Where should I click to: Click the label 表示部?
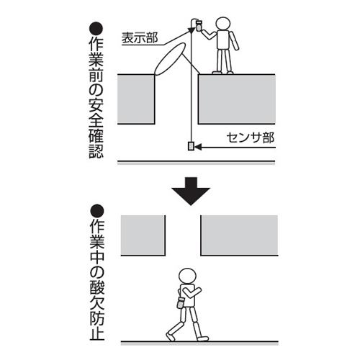[140, 38]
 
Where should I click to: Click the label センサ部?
[251, 138]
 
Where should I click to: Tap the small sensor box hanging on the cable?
[191, 146]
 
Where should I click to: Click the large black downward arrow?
[191, 191]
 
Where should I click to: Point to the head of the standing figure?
[223, 24]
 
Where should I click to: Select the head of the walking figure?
[188, 276]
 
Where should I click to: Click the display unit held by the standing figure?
[199, 26]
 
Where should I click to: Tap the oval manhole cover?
[170, 59]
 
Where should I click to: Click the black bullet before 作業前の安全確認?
[96, 29]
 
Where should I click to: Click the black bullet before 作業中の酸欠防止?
[97, 211]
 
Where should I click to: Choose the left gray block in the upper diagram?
[136, 99]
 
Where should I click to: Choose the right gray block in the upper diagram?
[237, 99]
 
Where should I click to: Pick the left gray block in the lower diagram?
[143, 235]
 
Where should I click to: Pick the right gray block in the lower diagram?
[239, 235]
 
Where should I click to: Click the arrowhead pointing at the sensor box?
[198, 147]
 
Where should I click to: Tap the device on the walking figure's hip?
[180, 303]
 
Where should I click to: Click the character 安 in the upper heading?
[96, 105]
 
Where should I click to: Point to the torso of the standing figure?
[223, 40]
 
